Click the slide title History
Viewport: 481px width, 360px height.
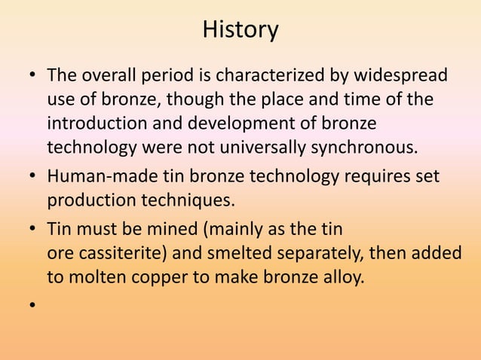[240, 30]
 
